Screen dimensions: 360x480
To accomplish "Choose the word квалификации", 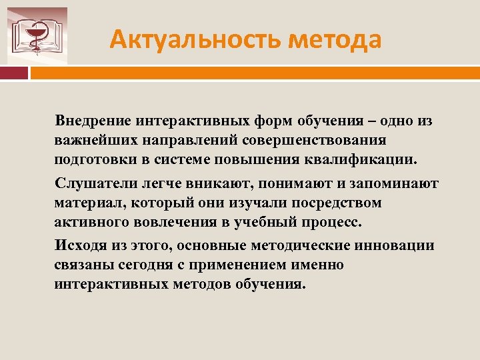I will tap(373, 161).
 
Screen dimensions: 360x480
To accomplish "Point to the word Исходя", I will tap(78, 245).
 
